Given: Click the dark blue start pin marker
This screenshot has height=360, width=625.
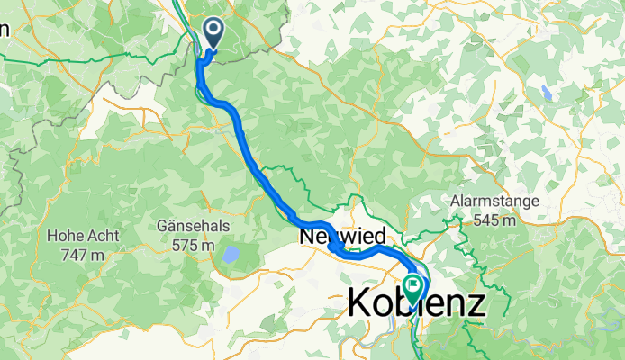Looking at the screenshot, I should click(214, 32).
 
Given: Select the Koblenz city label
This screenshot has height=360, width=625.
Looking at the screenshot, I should click(415, 303).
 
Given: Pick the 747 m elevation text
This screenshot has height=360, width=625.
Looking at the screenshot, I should click(77, 256).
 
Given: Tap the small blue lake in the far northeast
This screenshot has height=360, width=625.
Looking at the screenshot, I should click(546, 92).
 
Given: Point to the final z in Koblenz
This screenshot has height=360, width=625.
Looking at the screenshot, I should click(475, 303).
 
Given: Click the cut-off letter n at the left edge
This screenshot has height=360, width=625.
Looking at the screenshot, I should click(4, 29).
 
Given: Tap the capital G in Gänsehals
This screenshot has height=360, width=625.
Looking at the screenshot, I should click(163, 226).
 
